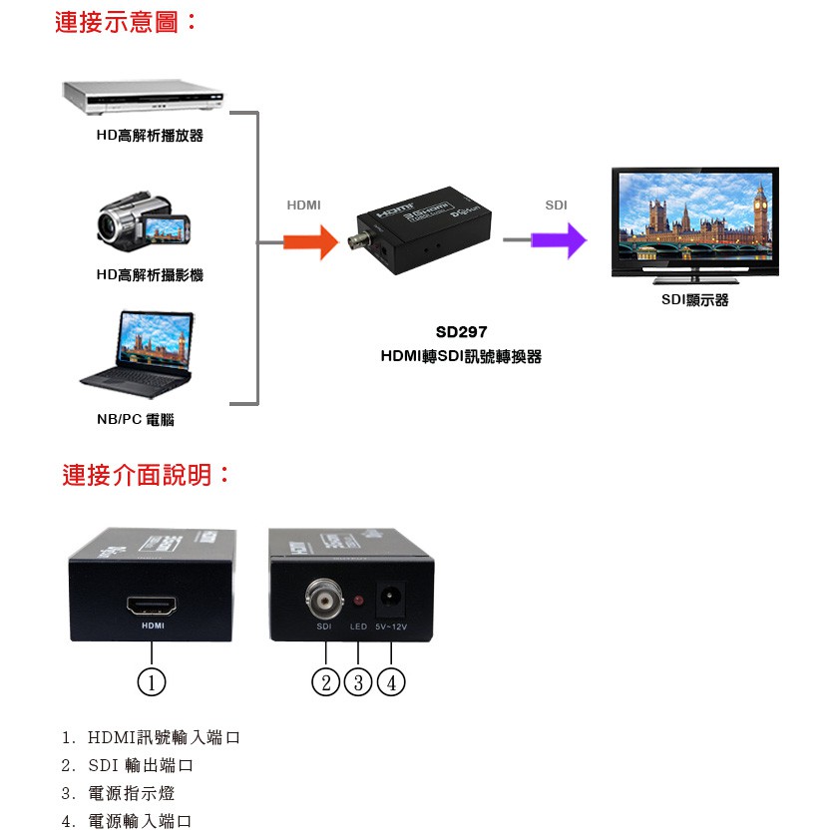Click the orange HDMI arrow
pos(310,242)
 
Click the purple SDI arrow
pos(559,240)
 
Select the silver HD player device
pos(143,97)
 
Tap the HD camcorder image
pos(144,221)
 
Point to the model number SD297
pos(461,332)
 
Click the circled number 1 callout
pos(152,682)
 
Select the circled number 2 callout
pos(325,682)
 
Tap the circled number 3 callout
pos(358,682)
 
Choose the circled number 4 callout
pos(391,682)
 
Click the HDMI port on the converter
pos(152,606)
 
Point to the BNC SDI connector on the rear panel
pos(324,599)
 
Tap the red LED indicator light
pos(358,601)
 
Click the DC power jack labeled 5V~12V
pos(391,598)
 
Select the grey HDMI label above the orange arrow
pos(303,206)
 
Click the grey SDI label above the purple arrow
pos(556,206)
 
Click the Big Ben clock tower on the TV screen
pos(760,211)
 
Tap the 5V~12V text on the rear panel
pos(391,627)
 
